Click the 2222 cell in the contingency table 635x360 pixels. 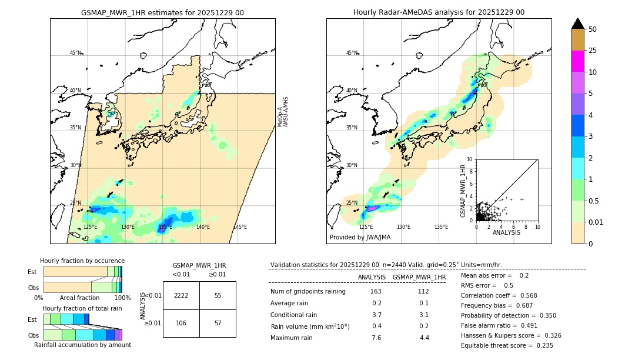coord(181,295)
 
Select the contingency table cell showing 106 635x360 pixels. coord(181,322)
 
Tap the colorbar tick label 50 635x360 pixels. coord(593,29)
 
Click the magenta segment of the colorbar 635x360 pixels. coord(578,61)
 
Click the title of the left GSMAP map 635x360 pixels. coord(162,12)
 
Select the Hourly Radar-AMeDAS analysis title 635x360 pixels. coord(439,12)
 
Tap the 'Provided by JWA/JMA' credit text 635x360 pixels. coord(360,238)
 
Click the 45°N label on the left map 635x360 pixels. coord(76,53)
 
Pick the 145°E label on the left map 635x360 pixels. coord(240,227)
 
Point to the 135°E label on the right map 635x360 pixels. coord(441,227)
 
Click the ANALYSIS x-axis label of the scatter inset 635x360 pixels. coord(506,232)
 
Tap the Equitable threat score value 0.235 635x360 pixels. coord(541,346)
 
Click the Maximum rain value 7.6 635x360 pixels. coord(376,338)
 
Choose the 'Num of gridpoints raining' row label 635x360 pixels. coord(308,292)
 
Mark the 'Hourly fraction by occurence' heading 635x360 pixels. coord(82,261)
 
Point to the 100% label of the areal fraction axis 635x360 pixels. coord(122,298)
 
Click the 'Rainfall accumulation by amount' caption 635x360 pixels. coord(82,345)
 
